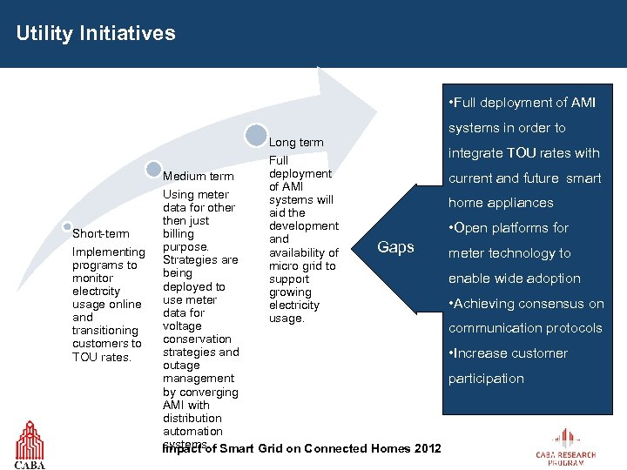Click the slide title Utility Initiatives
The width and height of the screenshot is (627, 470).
pos(96,34)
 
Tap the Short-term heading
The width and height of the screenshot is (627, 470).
pos(101,233)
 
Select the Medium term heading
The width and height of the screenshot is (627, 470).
pos(198,177)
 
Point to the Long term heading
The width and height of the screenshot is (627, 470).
pos(296,142)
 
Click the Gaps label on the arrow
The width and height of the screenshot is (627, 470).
pos(395,247)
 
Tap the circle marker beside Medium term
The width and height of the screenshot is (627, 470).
pos(153,170)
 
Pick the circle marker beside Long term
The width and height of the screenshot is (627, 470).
pos(255,135)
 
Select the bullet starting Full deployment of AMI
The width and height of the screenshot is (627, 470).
pos(522,103)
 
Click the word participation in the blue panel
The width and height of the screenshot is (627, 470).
pos(486,379)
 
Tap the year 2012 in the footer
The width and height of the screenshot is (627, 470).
pos(427,448)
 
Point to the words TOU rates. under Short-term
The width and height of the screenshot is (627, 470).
pos(102,357)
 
